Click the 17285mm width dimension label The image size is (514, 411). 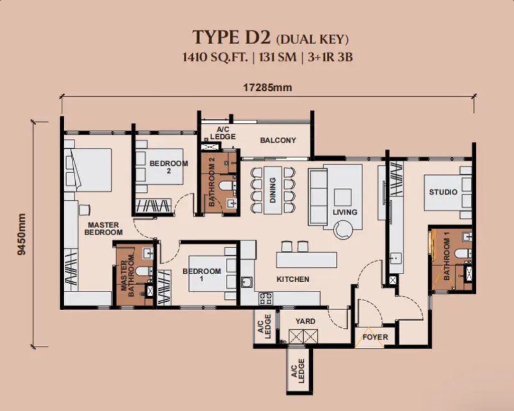[268, 88]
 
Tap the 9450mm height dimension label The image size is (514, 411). [21, 234]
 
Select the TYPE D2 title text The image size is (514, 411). [231, 37]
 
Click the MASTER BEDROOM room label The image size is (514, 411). [103, 229]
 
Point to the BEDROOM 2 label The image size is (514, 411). [169, 166]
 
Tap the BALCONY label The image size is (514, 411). [278, 140]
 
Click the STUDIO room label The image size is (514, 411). [443, 192]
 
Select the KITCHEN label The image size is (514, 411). [293, 279]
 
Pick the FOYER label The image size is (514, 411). [375, 337]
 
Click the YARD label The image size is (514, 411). [305, 321]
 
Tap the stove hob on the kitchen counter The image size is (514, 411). [266, 298]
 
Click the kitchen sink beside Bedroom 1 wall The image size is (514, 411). [247, 282]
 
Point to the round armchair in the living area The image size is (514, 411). [343, 230]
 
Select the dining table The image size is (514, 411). [273, 190]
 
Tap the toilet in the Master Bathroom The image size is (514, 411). [144, 271]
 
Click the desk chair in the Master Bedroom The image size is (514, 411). [84, 210]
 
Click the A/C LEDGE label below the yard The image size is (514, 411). [298, 371]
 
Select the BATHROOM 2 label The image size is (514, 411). [212, 181]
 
